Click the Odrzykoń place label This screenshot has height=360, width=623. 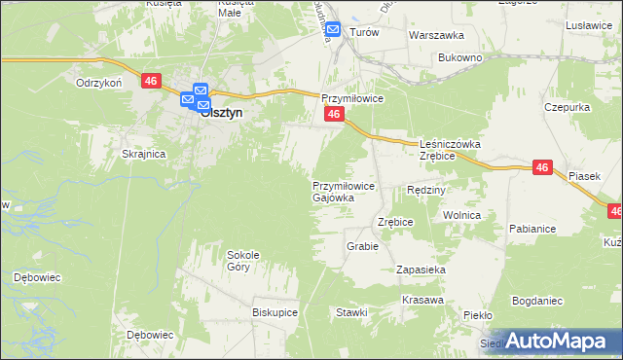coord(98,84)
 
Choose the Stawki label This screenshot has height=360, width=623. coord(351,312)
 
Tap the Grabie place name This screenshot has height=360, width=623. coord(362,246)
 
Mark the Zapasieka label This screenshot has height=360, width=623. coord(421,269)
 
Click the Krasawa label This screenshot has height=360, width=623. coord(421,299)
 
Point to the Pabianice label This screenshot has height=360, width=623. coord(531,230)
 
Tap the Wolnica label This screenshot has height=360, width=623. coord(461,214)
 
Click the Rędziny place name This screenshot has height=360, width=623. coord(425,190)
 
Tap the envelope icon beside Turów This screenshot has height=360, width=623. coord(333,31)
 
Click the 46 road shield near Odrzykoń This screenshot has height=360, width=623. coord(150,82)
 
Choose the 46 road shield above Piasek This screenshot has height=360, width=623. coord(543,168)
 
